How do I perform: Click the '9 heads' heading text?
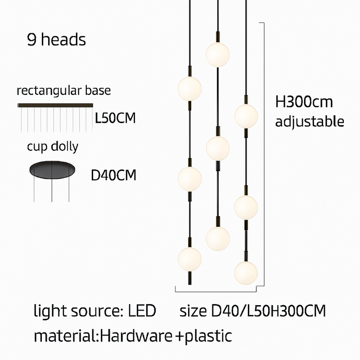click(56, 40)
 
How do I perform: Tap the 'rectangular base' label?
click(63, 91)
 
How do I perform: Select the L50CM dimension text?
click(115, 119)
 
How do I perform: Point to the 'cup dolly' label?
click(52, 147)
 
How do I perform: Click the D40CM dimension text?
click(113, 175)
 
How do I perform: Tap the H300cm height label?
click(304, 102)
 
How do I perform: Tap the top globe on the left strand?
click(190, 88)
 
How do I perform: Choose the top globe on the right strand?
click(246, 116)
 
